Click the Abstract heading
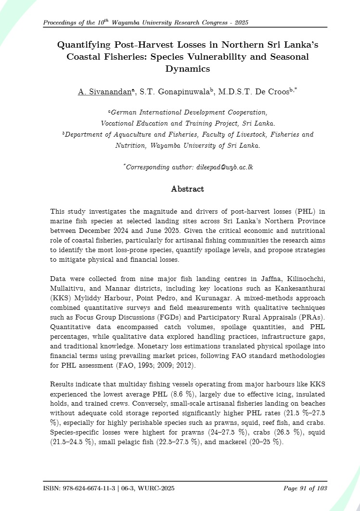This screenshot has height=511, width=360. [x=187, y=189]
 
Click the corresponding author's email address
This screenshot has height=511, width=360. [x=228, y=166]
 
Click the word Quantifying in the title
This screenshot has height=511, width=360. [x=83, y=45]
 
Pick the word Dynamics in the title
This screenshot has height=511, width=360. [x=188, y=68]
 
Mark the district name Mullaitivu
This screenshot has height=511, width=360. [x=68, y=290]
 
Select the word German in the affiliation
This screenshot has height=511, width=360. [x=124, y=112]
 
